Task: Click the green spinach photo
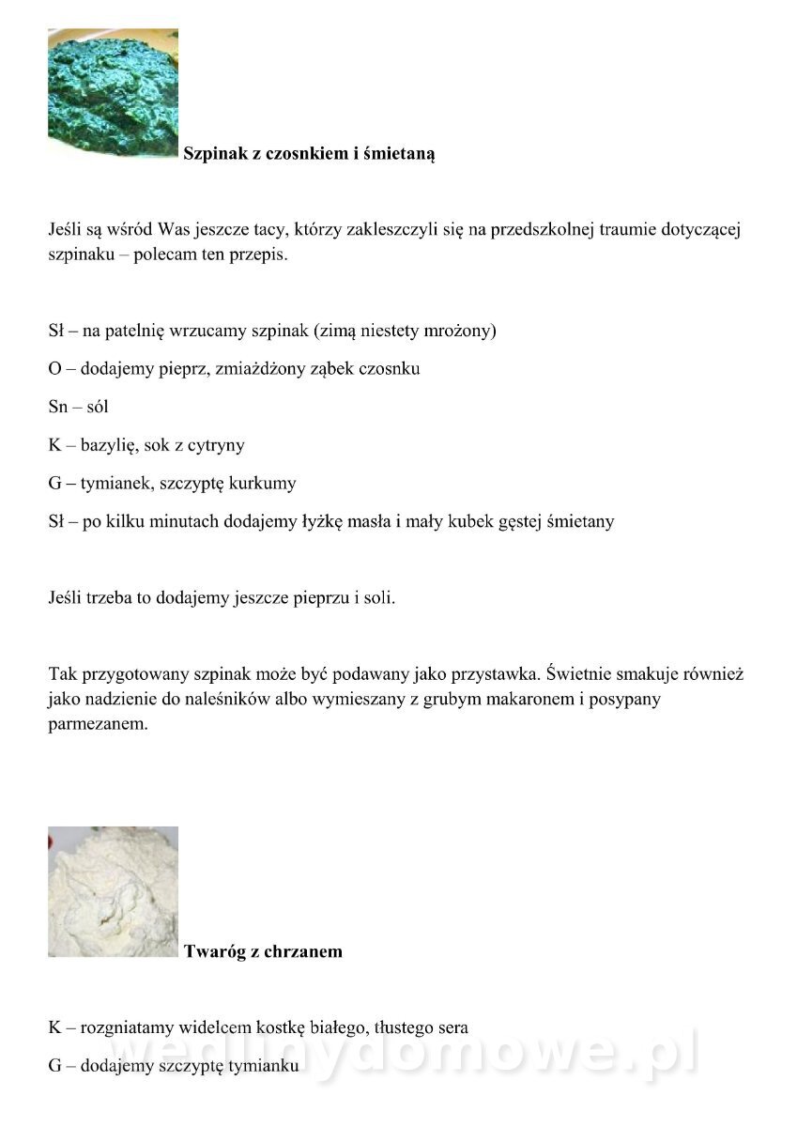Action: click(x=113, y=92)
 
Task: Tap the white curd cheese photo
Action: click(x=113, y=891)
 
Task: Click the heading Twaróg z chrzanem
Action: click(x=263, y=951)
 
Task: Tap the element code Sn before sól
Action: click(x=58, y=408)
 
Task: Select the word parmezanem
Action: click(x=98, y=725)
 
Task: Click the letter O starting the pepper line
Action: click(x=54, y=369)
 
